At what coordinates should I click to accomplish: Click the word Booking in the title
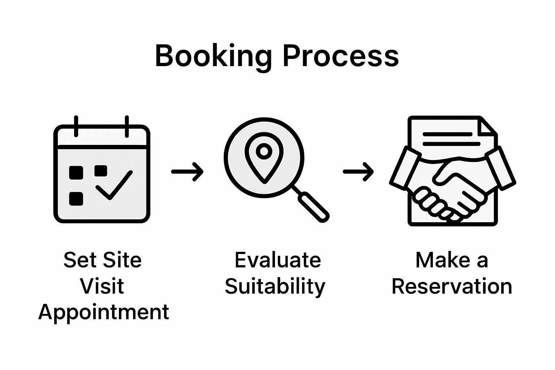click(213, 56)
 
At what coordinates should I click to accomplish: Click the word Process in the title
click(340, 56)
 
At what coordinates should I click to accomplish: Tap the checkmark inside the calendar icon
click(114, 185)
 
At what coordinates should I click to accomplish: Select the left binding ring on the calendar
click(76, 126)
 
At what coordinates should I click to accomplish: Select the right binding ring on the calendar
click(127, 126)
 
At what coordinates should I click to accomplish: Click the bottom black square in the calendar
click(76, 199)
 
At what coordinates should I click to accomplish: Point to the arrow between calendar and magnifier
click(187, 171)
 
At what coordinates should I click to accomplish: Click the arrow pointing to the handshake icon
click(358, 171)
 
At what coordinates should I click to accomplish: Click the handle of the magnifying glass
click(313, 206)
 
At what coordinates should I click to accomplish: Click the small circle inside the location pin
click(264, 151)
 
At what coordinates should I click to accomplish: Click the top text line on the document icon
click(447, 134)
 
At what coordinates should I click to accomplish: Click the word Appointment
click(104, 312)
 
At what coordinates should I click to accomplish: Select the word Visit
click(102, 286)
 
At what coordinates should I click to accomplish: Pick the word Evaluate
click(277, 260)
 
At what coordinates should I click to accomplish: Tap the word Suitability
click(275, 287)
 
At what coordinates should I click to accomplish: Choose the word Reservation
click(452, 287)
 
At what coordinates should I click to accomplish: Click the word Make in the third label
click(443, 260)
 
